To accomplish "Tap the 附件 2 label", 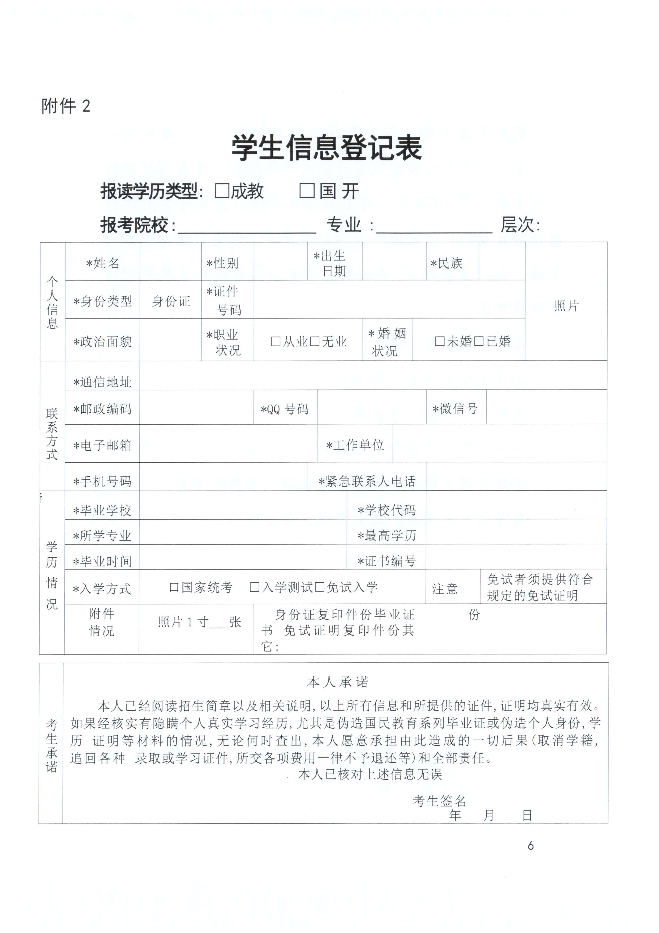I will [65, 106].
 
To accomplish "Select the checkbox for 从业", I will [276, 341].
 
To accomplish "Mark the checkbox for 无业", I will [314, 341].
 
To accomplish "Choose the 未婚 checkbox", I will [440, 341].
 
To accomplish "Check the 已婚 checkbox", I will [479, 341].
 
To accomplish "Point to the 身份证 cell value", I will [171, 301].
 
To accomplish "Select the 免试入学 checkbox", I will [320, 587].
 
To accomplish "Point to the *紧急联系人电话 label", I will [367, 482].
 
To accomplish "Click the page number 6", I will [531, 846].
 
